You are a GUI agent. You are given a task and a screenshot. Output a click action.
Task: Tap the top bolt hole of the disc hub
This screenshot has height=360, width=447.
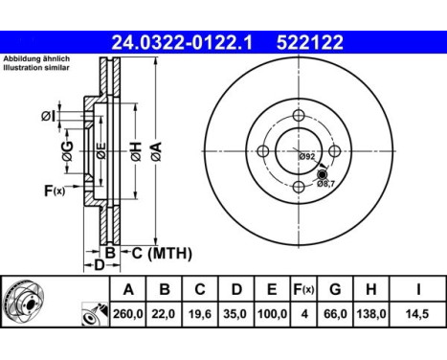[x=298, y=116]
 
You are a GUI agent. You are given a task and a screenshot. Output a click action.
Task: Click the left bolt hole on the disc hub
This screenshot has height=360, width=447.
[x=262, y=150]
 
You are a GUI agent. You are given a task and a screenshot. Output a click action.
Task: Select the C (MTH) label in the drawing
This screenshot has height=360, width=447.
[x=160, y=253]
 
